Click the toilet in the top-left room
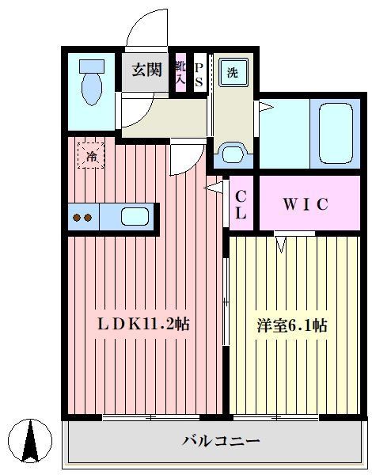click(x=93, y=83)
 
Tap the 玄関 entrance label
click(x=146, y=70)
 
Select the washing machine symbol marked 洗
click(x=232, y=73)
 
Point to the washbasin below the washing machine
click(x=232, y=152)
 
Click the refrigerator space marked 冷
click(x=91, y=155)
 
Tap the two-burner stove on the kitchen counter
click(x=82, y=217)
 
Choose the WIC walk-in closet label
click(x=305, y=204)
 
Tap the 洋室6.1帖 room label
click(x=292, y=325)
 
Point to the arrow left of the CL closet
click(x=212, y=188)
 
